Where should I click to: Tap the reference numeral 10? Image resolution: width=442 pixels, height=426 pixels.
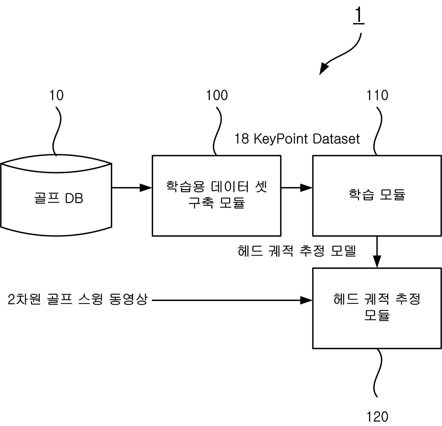(x=56, y=95)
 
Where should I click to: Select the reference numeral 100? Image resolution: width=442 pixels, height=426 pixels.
(x=217, y=95)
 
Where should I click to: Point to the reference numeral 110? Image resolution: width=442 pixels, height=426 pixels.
(x=377, y=95)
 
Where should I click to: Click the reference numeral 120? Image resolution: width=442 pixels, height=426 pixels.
(x=377, y=416)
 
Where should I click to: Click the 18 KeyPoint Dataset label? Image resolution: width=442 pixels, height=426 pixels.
(x=297, y=139)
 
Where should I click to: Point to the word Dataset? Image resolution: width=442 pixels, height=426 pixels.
(x=336, y=139)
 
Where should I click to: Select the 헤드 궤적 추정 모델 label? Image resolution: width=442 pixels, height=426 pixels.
(x=297, y=251)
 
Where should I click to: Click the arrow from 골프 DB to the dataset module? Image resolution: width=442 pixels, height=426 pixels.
(x=132, y=188)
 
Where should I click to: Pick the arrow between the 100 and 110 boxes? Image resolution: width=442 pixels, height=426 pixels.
(x=297, y=188)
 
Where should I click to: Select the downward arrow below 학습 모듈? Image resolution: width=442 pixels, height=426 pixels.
(x=377, y=252)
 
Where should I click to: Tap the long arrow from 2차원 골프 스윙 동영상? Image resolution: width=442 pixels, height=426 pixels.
(x=232, y=300)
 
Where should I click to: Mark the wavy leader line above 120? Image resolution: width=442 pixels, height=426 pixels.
(x=378, y=373)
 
